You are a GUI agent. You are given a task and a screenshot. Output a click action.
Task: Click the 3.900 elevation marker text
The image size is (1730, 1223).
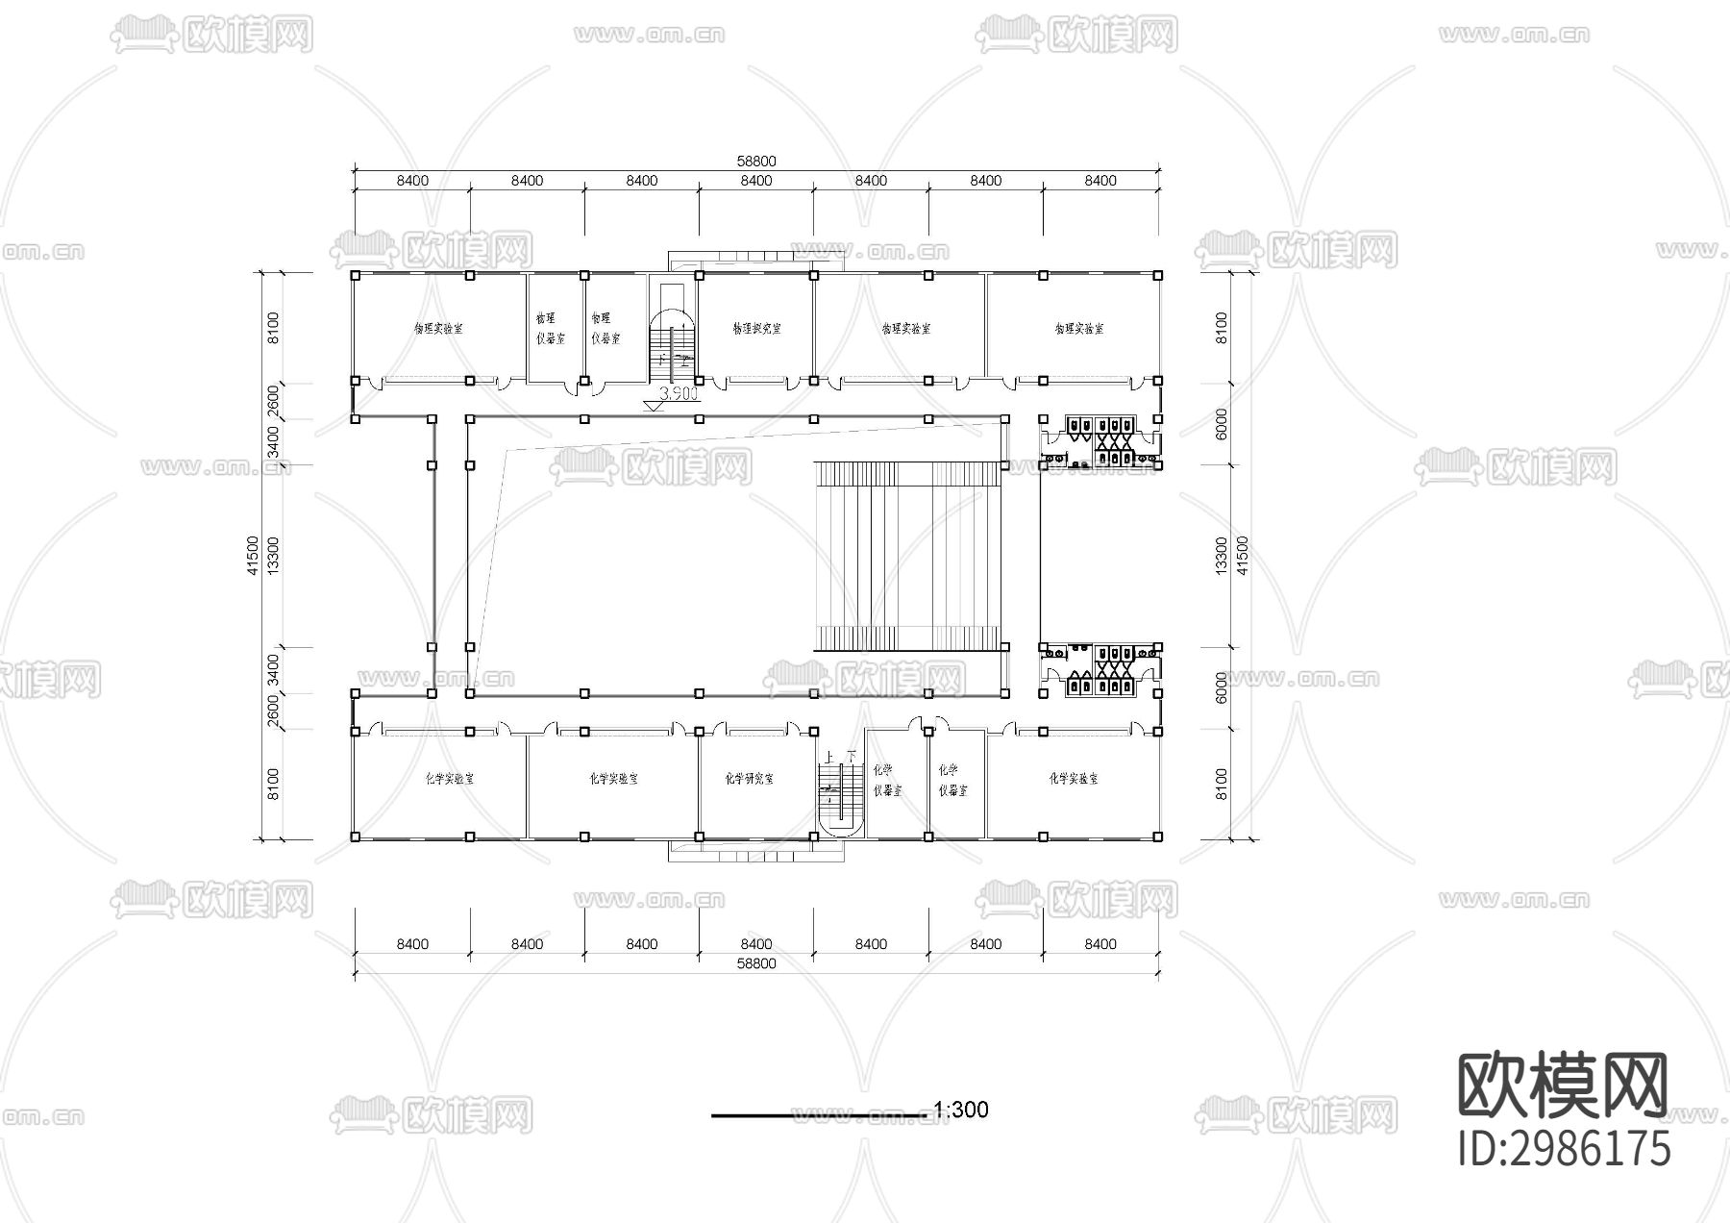pos(679,394)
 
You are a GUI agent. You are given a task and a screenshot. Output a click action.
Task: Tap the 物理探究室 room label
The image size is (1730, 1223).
pos(756,328)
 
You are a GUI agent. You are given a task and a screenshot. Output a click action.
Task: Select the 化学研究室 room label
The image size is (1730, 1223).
pos(749,779)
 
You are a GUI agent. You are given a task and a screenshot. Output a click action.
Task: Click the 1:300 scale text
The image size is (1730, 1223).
pos(960,1110)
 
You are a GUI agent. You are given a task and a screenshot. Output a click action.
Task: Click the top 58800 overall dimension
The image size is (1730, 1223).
pos(756,162)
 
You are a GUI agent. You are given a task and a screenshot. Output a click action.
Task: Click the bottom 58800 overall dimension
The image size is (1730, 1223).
pos(756,963)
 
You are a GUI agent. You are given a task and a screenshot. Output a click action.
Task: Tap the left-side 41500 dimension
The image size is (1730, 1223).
pos(253,556)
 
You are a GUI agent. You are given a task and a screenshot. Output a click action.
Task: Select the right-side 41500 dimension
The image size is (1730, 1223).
pos(1242,556)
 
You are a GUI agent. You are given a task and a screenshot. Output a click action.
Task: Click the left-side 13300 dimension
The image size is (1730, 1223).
pos(273,556)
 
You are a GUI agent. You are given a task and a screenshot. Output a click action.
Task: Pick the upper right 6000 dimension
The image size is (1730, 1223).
pos(1222,424)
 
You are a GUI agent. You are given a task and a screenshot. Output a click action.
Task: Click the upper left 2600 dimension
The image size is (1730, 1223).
pos(273,400)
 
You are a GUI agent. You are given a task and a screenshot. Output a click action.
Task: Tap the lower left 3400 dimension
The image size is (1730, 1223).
pos(273,670)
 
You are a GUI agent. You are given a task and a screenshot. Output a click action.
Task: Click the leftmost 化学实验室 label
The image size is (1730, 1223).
pos(449,779)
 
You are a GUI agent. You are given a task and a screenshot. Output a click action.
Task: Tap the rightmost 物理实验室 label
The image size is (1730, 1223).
pos(1078,328)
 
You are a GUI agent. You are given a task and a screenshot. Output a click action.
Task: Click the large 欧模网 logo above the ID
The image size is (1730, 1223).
pos(1564,1086)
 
